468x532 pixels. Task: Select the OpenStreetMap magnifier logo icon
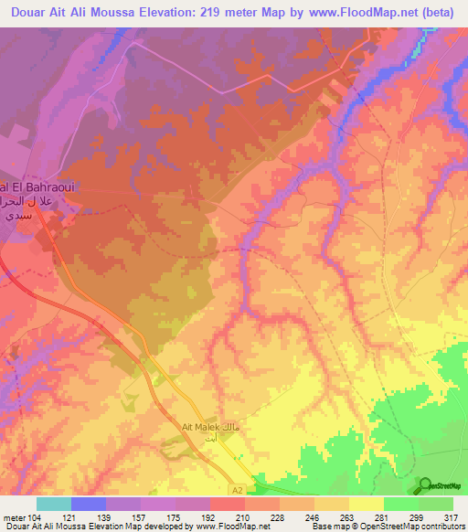424,486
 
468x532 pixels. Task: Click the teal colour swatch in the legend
54,504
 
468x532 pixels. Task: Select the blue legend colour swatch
89,504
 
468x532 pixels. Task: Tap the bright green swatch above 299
400,504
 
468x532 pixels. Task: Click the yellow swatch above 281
366,504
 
